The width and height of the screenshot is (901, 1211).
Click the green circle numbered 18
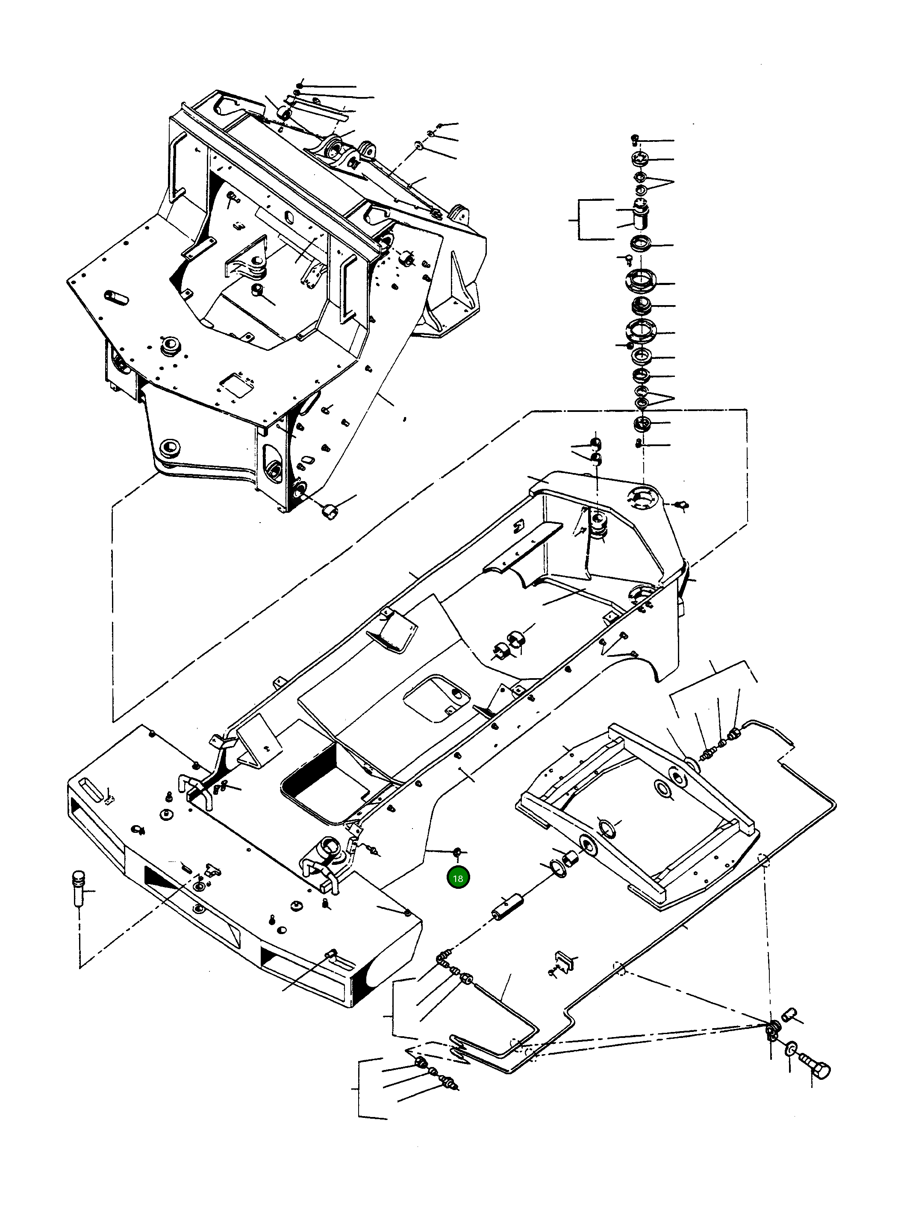458,879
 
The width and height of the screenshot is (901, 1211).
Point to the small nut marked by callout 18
458,852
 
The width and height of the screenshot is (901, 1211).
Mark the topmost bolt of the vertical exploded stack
635,138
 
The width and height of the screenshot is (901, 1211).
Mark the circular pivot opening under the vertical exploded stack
644,498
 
